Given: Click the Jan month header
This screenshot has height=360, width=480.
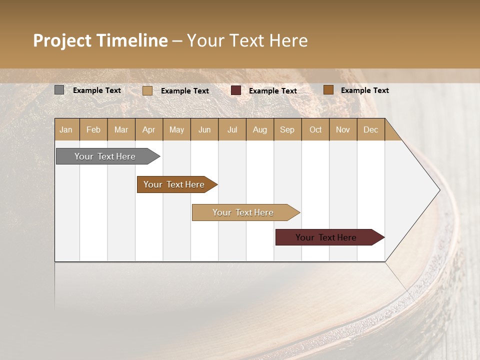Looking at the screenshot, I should tap(66, 129).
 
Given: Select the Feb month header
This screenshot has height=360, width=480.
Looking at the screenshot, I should tap(93, 129).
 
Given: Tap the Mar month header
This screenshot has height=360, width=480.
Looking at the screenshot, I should tap(121, 129).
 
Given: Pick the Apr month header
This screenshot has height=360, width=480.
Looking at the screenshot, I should tap(149, 129).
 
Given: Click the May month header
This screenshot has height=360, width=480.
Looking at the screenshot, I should tap(176, 129).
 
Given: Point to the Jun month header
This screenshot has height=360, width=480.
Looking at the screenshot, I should tap(204, 129).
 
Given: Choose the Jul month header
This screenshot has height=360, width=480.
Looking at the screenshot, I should tap(232, 129).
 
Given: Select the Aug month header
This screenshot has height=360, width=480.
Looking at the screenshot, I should tap(260, 129).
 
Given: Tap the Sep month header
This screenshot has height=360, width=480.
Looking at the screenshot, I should tap(287, 129).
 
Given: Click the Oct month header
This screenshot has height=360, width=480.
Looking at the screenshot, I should tap(315, 129).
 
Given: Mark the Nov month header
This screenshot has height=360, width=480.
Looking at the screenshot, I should tap(343, 129).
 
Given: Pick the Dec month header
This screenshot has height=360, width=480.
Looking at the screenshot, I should tap(371, 129).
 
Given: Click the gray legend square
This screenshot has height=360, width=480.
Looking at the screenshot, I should tap(59, 90).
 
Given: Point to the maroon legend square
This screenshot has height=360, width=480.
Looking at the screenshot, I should tap(236, 90).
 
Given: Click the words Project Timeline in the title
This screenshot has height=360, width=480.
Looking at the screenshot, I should tap(100, 40).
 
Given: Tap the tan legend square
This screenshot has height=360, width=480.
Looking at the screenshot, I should tap(147, 90).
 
